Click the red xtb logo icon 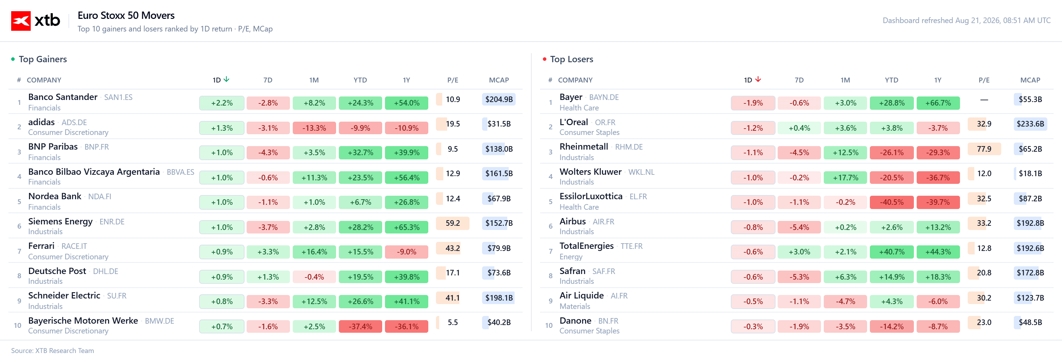click(x=21, y=21)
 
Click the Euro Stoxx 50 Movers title click(x=126, y=16)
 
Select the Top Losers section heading click(x=572, y=59)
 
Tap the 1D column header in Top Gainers click(x=217, y=80)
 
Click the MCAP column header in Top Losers click(x=1030, y=80)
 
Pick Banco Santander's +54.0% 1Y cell click(x=407, y=103)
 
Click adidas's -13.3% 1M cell click(x=314, y=128)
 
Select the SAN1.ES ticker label click(x=118, y=97)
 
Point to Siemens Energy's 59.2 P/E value click(x=453, y=223)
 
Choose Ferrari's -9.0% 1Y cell click(x=407, y=252)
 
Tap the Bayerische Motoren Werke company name click(x=83, y=321)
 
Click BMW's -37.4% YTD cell click(x=360, y=326)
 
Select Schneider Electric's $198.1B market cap click(x=499, y=298)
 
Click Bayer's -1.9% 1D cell click(x=753, y=103)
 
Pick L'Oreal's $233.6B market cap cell click(x=1030, y=124)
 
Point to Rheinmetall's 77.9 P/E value click(x=984, y=149)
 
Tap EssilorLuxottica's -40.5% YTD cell click(x=892, y=202)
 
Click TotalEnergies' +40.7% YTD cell click(x=892, y=252)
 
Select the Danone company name click(x=575, y=321)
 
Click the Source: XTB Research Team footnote click(x=52, y=351)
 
